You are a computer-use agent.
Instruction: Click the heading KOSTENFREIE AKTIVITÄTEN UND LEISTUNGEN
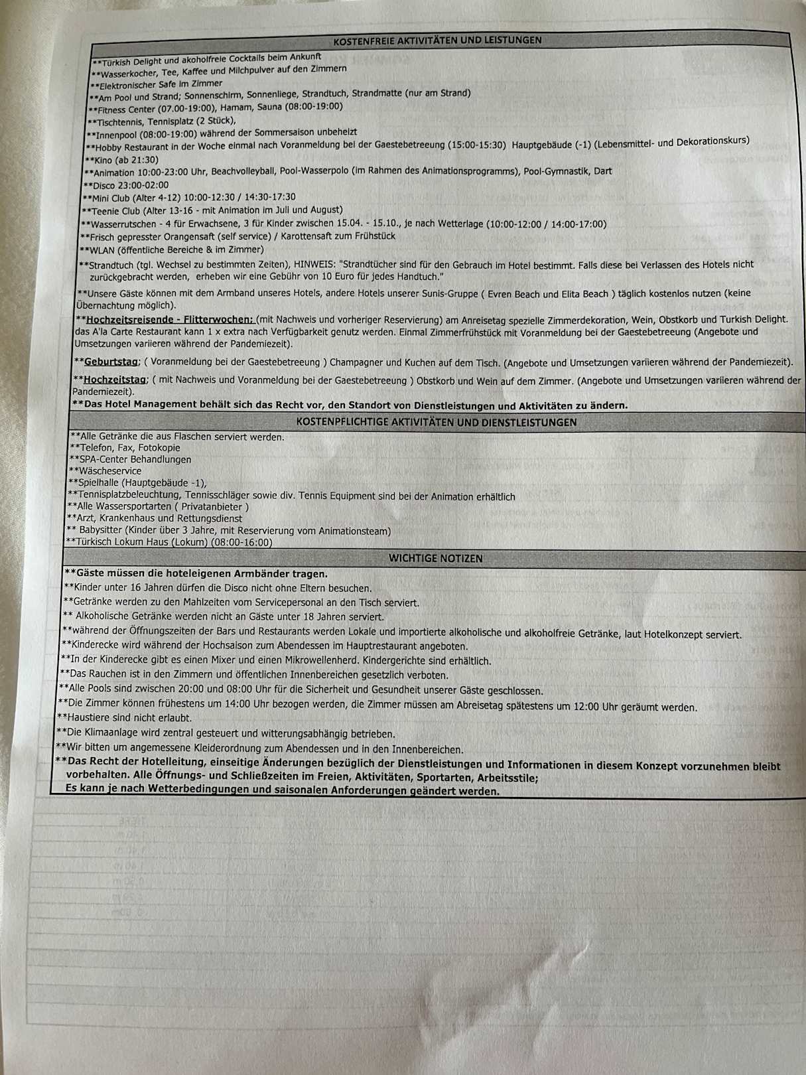click(437, 40)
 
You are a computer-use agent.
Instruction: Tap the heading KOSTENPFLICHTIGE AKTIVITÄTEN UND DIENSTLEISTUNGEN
click(436, 422)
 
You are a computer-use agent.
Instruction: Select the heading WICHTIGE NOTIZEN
click(435, 558)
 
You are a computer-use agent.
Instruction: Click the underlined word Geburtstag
click(111, 362)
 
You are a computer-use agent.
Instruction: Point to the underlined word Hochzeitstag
click(115, 380)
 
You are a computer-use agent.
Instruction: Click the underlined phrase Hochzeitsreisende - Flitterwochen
click(170, 319)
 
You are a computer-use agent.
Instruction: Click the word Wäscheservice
click(110, 471)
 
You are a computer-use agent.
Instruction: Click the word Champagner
click(356, 362)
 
